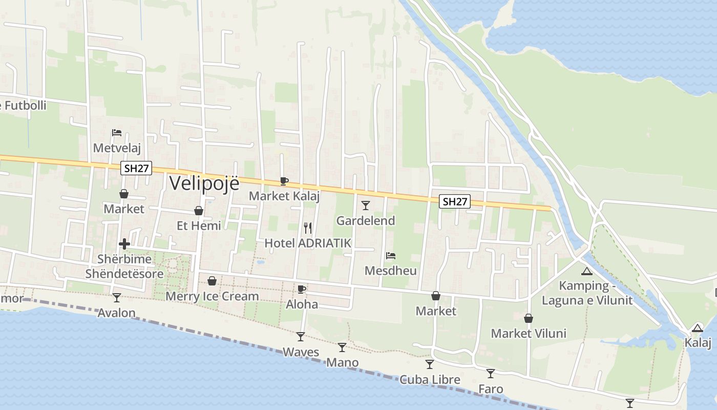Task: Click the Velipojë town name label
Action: click(x=204, y=183)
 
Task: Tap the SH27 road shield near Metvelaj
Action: click(x=136, y=168)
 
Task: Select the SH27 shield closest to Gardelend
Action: click(x=454, y=201)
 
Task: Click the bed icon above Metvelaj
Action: click(x=117, y=133)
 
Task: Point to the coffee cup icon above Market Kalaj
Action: click(x=284, y=181)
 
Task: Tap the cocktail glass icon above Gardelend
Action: click(x=366, y=206)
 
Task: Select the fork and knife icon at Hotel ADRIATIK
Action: click(x=308, y=228)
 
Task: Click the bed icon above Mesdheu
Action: click(x=391, y=255)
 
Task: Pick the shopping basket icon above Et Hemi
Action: click(x=199, y=211)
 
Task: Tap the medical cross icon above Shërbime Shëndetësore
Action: click(x=124, y=244)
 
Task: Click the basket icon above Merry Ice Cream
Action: click(x=212, y=281)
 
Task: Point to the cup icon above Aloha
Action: click(x=302, y=289)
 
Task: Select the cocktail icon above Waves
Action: click(x=301, y=337)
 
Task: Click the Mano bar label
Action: click(x=342, y=363)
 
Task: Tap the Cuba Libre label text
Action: click(x=430, y=380)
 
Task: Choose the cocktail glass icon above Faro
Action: click(x=491, y=374)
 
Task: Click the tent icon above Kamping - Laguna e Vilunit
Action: click(x=587, y=271)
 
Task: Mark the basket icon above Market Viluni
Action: click(x=529, y=318)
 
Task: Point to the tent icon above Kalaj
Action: click(x=697, y=328)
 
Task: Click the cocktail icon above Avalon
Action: click(x=117, y=297)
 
